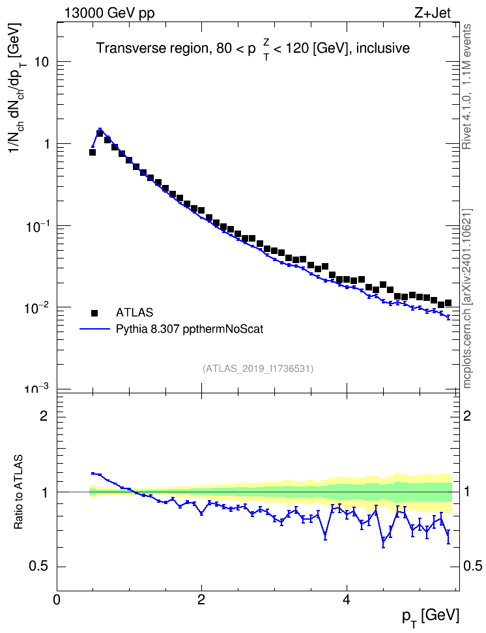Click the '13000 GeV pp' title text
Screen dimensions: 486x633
(x=109, y=13)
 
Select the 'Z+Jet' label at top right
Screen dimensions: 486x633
(x=433, y=13)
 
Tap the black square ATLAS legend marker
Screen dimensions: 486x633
(x=94, y=313)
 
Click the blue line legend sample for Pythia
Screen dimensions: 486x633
(x=94, y=329)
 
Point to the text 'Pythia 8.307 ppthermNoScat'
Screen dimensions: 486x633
(x=190, y=330)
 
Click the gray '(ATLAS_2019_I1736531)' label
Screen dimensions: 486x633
(x=258, y=369)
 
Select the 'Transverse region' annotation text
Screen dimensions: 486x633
(x=152, y=48)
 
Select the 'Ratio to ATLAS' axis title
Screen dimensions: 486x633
(x=18, y=492)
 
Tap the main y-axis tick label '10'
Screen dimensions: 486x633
(x=42, y=62)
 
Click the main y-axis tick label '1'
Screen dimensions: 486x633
(x=46, y=144)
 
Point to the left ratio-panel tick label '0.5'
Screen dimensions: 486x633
(x=38, y=567)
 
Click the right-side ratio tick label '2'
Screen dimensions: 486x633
(x=467, y=415)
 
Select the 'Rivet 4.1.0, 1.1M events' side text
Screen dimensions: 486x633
(x=466, y=87)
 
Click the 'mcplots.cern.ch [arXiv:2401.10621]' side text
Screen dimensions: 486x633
(x=467, y=298)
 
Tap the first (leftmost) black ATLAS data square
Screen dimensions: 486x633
(x=92, y=152)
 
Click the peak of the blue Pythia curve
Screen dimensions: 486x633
(x=100, y=129)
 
